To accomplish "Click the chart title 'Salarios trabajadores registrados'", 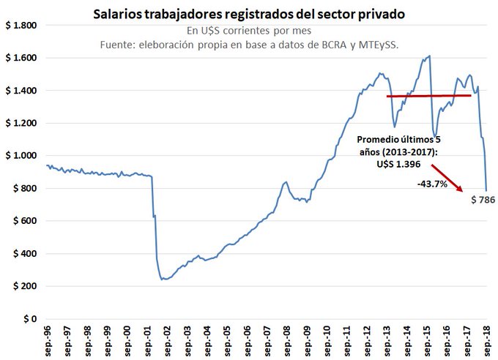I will [248, 14].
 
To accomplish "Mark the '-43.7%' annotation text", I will [432, 185].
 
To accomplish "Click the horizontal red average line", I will [428, 96].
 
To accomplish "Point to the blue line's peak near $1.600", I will [429, 56].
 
